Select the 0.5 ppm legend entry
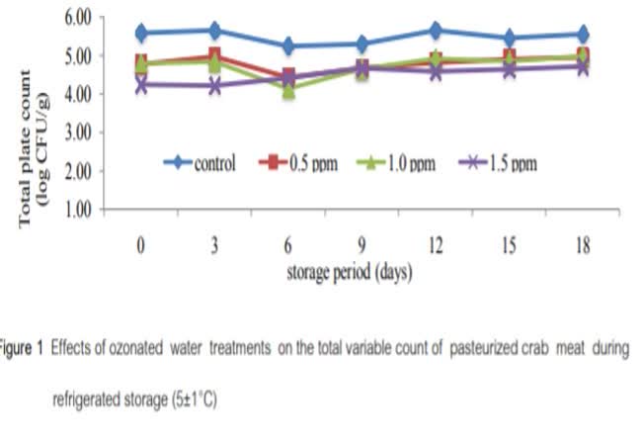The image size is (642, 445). tap(299, 163)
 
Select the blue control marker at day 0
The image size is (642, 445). tap(141, 33)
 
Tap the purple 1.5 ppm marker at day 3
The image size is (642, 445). tap(215, 85)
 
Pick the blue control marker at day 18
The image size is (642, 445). tap(583, 35)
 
